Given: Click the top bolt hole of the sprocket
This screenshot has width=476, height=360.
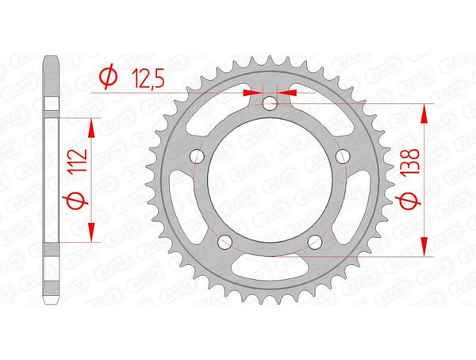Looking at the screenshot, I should coord(271,102).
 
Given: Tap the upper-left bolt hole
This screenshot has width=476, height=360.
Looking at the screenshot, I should coord(198,157).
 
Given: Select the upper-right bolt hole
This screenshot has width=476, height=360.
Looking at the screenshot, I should coord(344,157).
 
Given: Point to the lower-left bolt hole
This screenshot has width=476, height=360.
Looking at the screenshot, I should coord(225,242).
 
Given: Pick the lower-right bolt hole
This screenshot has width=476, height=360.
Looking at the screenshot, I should coord(316,242).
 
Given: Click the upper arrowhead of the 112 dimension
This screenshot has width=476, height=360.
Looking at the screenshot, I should coord(94,128).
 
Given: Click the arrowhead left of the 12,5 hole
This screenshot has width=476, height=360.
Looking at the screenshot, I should coord(255,92).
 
